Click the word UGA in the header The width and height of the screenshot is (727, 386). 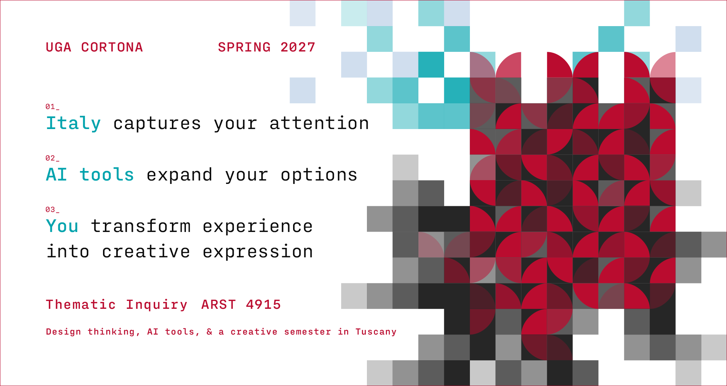coord(58,47)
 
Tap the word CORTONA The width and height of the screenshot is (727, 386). coord(112,47)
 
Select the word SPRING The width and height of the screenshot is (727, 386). coord(244,47)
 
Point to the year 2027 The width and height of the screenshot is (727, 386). coord(298,47)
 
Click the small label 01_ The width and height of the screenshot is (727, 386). coord(52,107)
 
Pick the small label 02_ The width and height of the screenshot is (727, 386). coord(52,158)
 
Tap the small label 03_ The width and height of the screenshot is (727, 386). coord(52,210)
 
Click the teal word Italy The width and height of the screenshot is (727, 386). coord(73,123)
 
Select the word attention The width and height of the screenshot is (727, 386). coord(319,123)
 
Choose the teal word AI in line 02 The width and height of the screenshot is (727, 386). coord(56,175)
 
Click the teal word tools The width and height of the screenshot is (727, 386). coord(107,175)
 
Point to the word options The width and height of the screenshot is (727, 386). coord(319,175)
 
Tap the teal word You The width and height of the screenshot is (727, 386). coord(62,226)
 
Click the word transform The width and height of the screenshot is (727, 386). coord(141,226)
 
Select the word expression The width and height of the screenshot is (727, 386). coord(258,252)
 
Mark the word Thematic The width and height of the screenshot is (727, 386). coord(81,305)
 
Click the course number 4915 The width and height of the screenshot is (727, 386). coord(264,305)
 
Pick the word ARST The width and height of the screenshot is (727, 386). coord(218,305)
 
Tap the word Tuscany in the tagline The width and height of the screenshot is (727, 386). coord(376,332)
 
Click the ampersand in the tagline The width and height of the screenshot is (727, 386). coord(209,332)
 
